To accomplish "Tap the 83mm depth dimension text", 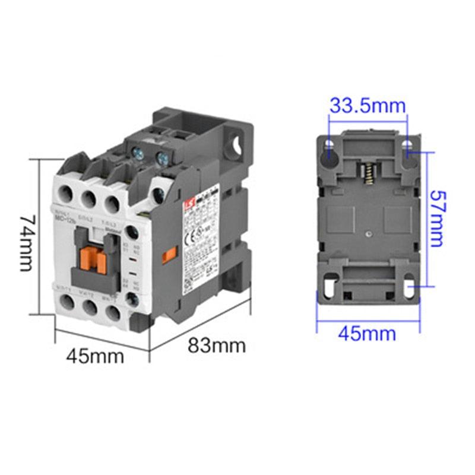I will tap(217, 345).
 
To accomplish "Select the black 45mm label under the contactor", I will tap(95, 356).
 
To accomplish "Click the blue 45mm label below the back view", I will tap(367, 334).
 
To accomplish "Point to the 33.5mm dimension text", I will tap(368, 106).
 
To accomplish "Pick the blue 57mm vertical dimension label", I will tap(436, 218).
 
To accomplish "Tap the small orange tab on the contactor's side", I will tap(170, 255).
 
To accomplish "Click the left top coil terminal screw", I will tap(139, 155).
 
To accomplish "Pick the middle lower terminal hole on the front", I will tap(90, 306).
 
